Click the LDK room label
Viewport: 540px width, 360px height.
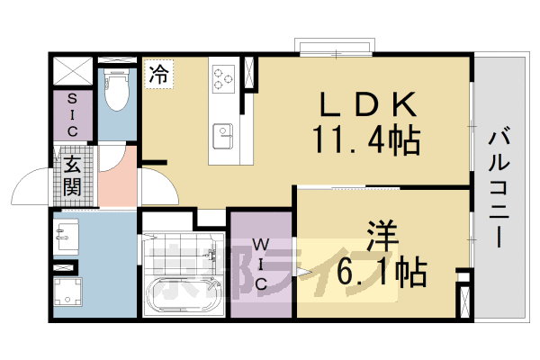pyautogui.click(x=367, y=106)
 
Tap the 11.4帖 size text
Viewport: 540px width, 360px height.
pyautogui.click(x=367, y=139)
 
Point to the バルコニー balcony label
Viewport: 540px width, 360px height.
pyautogui.click(x=498, y=189)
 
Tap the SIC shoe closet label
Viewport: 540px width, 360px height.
pyautogui.click(x=72, y=115)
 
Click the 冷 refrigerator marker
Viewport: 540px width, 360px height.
pyautogui.click(x=158, y=73)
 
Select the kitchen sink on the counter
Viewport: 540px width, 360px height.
pyautogui.click(x=223, y=137)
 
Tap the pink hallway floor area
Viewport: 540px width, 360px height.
pyautogui.click(x=117, y=177)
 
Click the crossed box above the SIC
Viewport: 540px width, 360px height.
pyautogui.click(x=72, y=71)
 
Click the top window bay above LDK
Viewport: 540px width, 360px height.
pyautogui.click(x=333, y=48)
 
